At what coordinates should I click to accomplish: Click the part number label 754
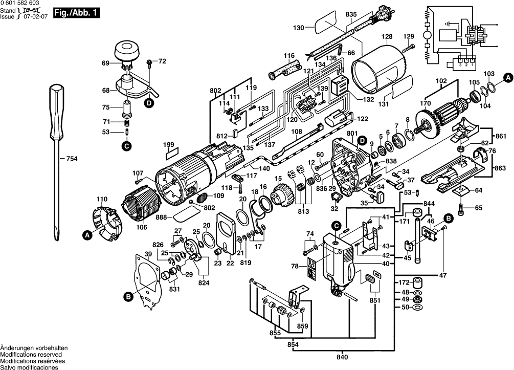[72, 159]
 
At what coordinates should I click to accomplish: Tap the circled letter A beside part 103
[507, 78]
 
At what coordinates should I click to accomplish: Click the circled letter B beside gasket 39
[126, 295]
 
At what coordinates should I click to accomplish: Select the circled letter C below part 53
[126, 146]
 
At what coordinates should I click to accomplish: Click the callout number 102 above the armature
[441, 81]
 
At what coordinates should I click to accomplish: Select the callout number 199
[168, 145]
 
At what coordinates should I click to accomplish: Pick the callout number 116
[289, 56]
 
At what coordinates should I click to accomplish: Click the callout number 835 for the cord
[350, 14]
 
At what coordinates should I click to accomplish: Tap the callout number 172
[403, 282]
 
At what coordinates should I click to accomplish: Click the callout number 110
[102, 199]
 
